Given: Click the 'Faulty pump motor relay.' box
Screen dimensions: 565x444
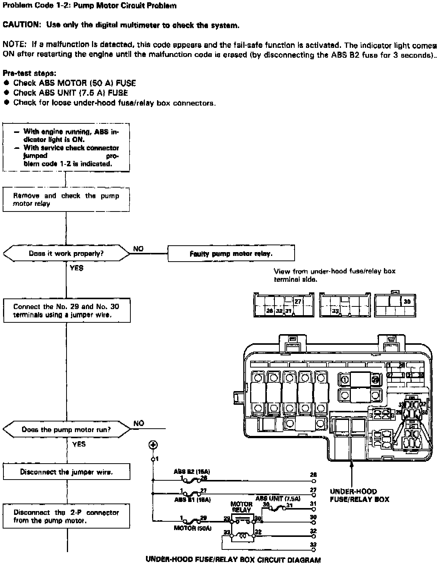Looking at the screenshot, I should tap(231, 253).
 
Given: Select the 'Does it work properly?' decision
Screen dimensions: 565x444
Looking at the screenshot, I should tap(66, 253).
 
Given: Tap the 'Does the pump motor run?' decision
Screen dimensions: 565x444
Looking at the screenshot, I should tap(66, 429).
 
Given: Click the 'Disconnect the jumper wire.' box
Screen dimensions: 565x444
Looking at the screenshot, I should tap(66, 472).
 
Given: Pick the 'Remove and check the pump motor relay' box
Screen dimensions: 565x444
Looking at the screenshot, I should tap(66, 200).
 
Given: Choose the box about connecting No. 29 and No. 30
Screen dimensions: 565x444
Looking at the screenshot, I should tap(66, 311).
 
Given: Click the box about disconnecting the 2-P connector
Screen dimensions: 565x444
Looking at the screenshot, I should tap(66, 516).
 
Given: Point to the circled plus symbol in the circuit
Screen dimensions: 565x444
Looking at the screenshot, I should tap(153, 445).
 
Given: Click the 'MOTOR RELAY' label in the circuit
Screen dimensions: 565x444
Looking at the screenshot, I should tap(241, 507).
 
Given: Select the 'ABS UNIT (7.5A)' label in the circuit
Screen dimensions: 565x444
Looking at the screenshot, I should tap(277, 499).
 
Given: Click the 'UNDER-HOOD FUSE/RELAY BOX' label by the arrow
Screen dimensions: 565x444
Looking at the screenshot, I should tap(359, 495).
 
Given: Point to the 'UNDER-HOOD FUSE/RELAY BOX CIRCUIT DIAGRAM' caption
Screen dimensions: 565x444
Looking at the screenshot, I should tap(233, 560).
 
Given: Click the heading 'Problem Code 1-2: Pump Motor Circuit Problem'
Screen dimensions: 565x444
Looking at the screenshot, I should tap(90, 6).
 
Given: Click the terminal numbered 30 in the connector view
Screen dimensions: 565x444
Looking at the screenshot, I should tap(407, 301).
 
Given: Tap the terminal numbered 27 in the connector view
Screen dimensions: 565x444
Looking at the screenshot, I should tap(298, 301).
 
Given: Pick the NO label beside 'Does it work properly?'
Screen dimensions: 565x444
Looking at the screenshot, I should tap(138, 249).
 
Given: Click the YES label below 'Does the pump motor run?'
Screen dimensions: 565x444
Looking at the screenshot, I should tap(79, 444).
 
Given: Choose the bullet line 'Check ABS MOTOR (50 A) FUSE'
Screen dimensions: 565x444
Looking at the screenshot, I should tap(75, 83).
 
